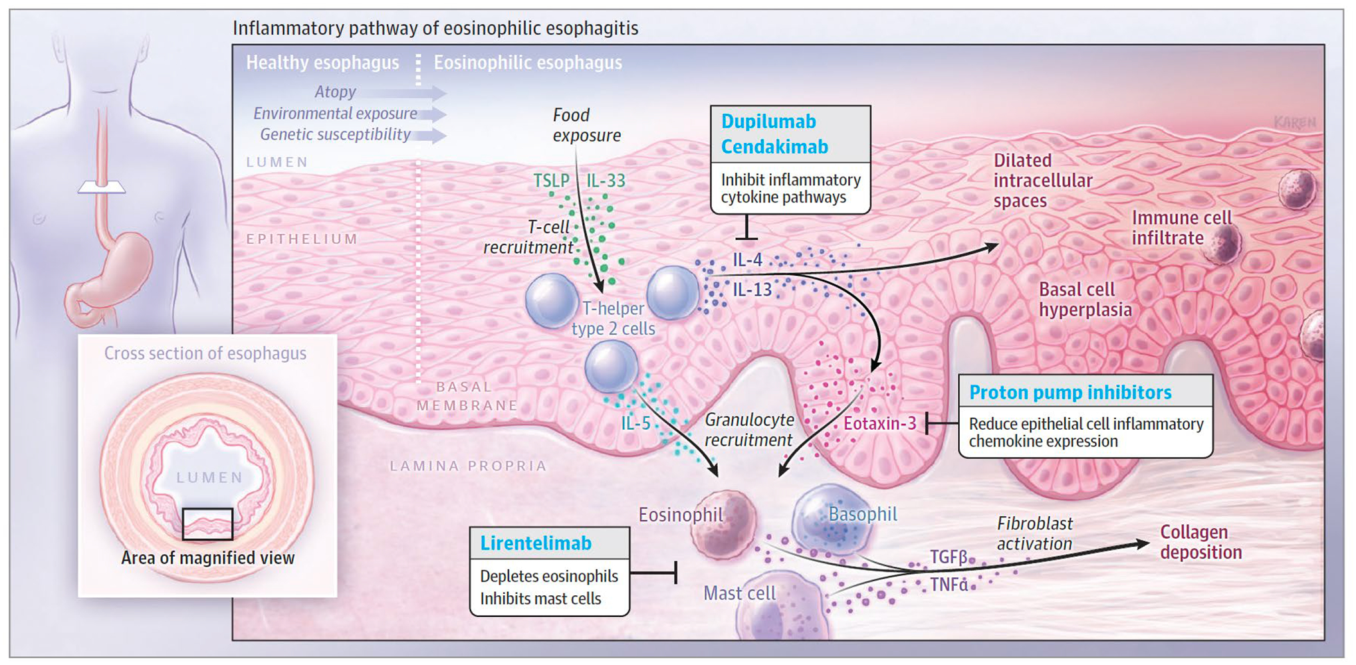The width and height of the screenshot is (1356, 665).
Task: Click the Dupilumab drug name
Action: pos(768,122)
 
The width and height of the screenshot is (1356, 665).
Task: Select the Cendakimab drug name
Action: pos(774,147)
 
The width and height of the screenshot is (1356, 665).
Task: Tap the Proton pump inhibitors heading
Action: pos(1070,393)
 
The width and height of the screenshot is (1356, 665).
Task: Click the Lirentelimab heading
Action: pos(536,543)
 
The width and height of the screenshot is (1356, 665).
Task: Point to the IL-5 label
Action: pos(636,423)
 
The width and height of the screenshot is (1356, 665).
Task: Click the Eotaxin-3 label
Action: pos(879,423)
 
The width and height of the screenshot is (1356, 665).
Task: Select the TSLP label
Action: pos(551,181)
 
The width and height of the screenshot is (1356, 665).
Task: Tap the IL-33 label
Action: pos(606,181)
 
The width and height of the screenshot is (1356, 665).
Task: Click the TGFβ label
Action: pos(948,557)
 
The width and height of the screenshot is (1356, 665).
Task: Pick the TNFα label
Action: pos(949,585)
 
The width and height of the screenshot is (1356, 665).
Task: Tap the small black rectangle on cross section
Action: pos(207,523)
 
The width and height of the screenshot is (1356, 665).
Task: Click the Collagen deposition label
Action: pos(1200,542)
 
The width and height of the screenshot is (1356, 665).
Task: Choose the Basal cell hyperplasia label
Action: pos(1085,300)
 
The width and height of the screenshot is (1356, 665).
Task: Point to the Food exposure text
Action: pos(586,125)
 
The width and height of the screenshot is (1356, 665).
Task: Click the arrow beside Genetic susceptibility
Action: pos(433,136)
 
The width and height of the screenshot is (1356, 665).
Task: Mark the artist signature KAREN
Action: pos(1294,122)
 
